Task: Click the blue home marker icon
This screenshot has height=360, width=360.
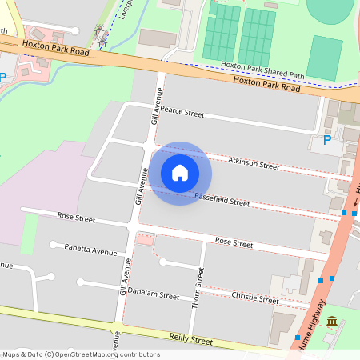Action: pos(180,173)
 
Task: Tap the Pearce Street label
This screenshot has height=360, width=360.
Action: pos(182,113)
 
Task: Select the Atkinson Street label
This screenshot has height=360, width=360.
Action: pos(253,166)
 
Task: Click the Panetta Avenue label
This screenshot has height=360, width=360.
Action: pos(90,250)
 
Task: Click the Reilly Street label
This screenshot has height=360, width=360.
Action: pos(189,340)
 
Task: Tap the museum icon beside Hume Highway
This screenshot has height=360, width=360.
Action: pos(331,322)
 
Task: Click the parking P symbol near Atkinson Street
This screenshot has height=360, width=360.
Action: pos(326,140)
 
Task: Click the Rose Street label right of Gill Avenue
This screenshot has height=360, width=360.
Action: pos(234,242)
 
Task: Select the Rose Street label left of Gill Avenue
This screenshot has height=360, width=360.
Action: pos(76,218)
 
